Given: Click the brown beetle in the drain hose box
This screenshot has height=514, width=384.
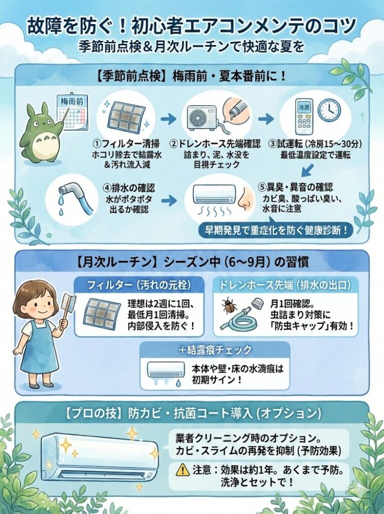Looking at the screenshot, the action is [228, 305].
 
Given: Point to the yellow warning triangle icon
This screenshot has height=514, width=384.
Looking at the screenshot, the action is [181, 470].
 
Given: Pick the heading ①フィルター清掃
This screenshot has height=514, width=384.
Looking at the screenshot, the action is [126, 143].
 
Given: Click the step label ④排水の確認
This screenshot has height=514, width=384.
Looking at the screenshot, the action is [129, 188].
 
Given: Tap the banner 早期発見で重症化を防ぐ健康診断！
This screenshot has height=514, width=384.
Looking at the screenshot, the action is [277, 230].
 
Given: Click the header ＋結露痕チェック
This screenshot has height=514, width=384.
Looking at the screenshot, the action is [215, 350].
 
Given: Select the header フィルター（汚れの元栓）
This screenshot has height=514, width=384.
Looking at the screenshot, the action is [139, 285].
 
